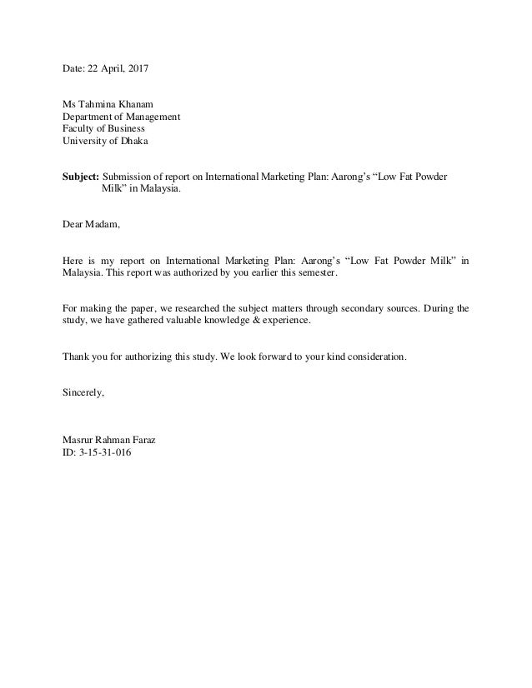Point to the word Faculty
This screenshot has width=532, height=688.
(80, 129)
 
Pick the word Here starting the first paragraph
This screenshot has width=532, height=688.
(74, 262)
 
